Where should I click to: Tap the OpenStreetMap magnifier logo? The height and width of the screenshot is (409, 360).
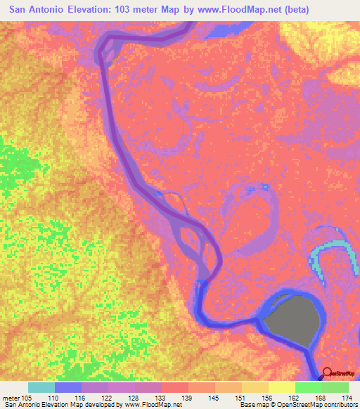pyautogui.click(x=327, y=374)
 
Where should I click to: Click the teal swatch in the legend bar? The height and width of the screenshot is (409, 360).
pyautogui.click(x=41, y=387)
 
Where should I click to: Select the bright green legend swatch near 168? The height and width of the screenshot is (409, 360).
pyautogui.click(x=309, y=387)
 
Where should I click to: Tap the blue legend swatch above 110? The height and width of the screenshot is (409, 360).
pyautogui.click(x=68, y=387)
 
